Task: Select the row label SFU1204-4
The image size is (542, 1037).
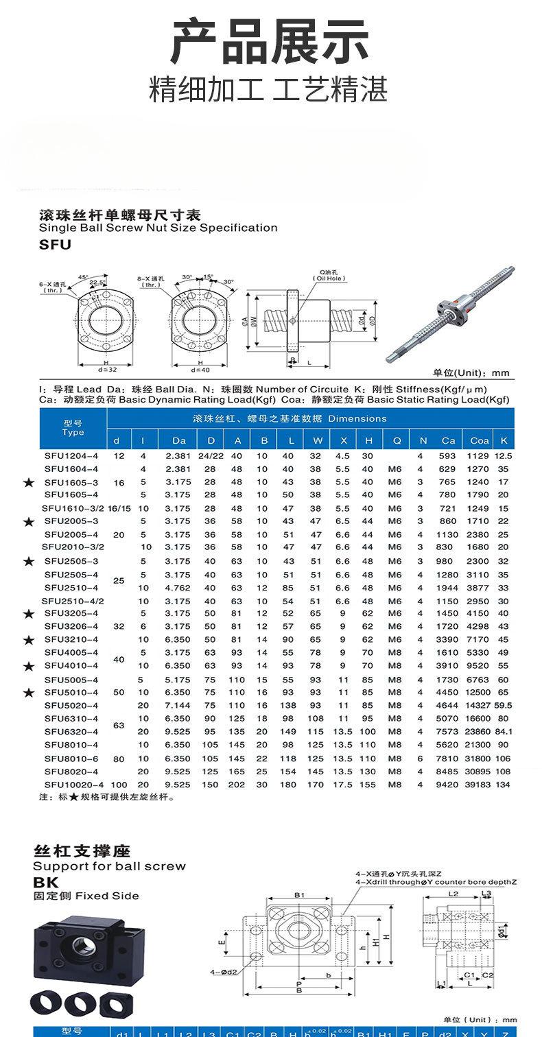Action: point(71,455)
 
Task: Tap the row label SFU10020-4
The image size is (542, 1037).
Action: point(73,784)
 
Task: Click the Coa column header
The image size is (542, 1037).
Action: point(480,440)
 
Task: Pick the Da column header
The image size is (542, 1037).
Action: point(179,440)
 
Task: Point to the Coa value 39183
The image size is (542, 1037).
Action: point(480,784)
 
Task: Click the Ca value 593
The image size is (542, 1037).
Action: point(448,455)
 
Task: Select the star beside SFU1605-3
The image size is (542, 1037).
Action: point(28,483)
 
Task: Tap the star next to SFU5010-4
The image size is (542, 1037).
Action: point(28,693)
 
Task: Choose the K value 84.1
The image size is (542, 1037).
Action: point(504,731)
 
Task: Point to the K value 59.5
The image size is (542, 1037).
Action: point(504,705)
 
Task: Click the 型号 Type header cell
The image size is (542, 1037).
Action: point(73,427)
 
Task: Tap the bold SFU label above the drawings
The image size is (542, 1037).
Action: point(55,244)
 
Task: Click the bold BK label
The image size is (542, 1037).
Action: point(46,883)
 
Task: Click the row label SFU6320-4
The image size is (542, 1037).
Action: point(71,731)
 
